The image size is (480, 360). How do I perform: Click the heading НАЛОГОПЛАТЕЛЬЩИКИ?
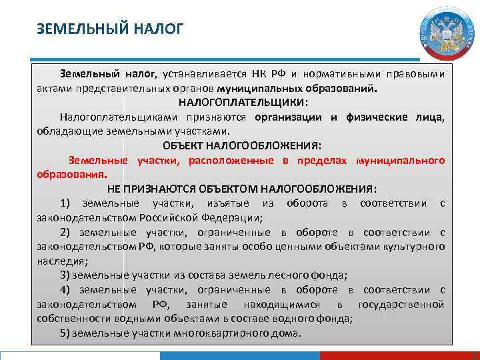(243, 103)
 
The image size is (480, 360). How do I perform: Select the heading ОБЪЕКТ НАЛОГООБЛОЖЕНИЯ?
(242, 146)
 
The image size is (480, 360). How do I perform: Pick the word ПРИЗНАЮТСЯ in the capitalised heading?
(181, 189)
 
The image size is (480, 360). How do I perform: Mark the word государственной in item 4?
(401, 304)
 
